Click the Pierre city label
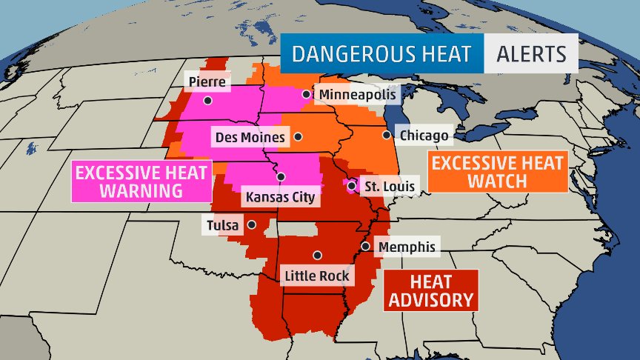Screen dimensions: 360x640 point(207,81)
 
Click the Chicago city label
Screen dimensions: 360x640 point(423,136)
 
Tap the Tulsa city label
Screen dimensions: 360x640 point(222,224)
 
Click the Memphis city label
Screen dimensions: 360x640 point(406,247)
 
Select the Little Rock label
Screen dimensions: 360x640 point(317,276)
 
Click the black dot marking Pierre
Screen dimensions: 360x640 point(208,100)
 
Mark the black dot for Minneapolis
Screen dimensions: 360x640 point(306,94)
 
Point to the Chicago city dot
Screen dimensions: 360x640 point(386,135)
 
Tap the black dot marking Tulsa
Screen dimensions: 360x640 point(252,224)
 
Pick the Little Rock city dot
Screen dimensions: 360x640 point(317,255)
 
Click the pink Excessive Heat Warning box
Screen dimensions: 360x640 point(140,181)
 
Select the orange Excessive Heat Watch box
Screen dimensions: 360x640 point(497,171)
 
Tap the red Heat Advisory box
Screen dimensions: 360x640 point(430,290)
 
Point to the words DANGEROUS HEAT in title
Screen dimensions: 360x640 point(381,55)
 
